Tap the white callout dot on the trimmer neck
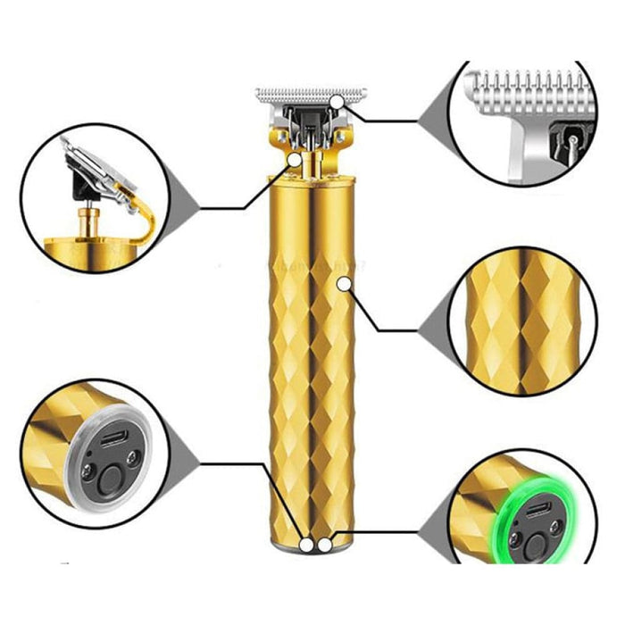(295, 159)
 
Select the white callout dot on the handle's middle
(344, 283)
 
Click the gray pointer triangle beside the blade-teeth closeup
(431, 121)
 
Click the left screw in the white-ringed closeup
(87, 463)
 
